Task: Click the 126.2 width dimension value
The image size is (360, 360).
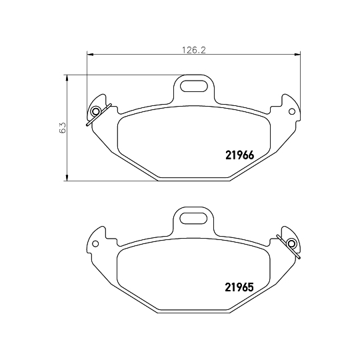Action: pyautogui.click(x=193, y=48)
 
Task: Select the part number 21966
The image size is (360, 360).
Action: pyautogui.click(x=237, y=156)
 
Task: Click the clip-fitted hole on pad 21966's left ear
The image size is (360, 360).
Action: pyautogui.click(x=95, y=111)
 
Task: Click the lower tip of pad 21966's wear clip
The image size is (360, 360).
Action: pyautogui.click(x=87, y=125)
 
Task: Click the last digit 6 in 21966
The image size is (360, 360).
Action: pyautogui.click(x=251, y=156)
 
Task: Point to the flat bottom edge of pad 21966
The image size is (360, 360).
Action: pyautogui.click(x=193, y=179)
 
